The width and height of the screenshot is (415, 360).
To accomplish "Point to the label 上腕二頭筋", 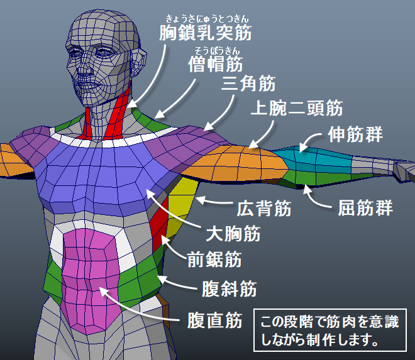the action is tap(296, 108).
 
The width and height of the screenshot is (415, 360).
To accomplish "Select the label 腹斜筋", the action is tap(229, 289).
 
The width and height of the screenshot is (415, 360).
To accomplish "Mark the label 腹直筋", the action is tap(215, 321).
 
